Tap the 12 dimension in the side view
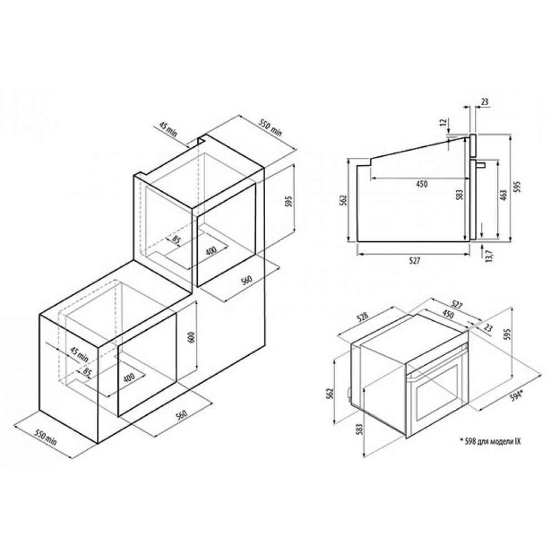pyautogui.click(x=442, y=123)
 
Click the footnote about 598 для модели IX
pyautogui.click(x=490, y=441)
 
